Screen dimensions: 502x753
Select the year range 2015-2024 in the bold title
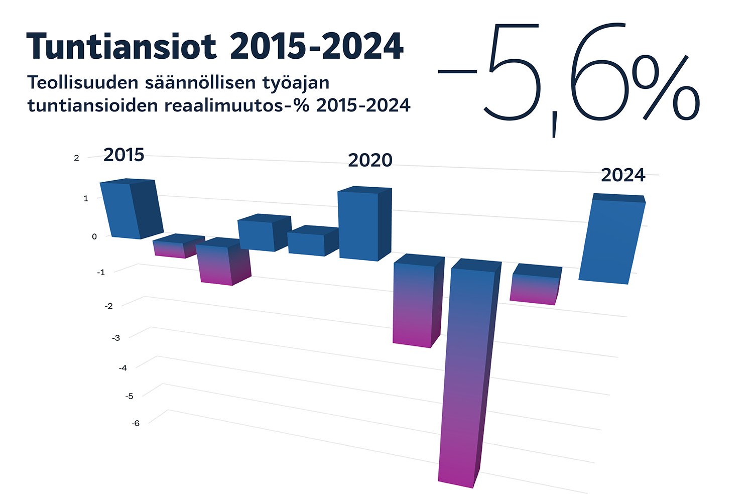click(316, 46)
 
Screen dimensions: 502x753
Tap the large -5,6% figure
click(567, 75)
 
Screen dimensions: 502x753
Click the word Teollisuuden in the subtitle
click(81, 82)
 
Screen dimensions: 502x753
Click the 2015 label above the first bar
click(123, 155)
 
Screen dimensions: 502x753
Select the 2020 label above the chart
click(370, 160)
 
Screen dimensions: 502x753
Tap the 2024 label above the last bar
click(623, 175)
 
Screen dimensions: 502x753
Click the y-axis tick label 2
click(76, 158)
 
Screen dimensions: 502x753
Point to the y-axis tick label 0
click(94, 236)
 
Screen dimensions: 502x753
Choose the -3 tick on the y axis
click(116, 338)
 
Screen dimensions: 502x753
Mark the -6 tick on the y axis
click(136, 423)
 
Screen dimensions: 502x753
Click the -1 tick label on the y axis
click(101, 272)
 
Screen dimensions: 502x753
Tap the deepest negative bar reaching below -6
click(464, 376)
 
